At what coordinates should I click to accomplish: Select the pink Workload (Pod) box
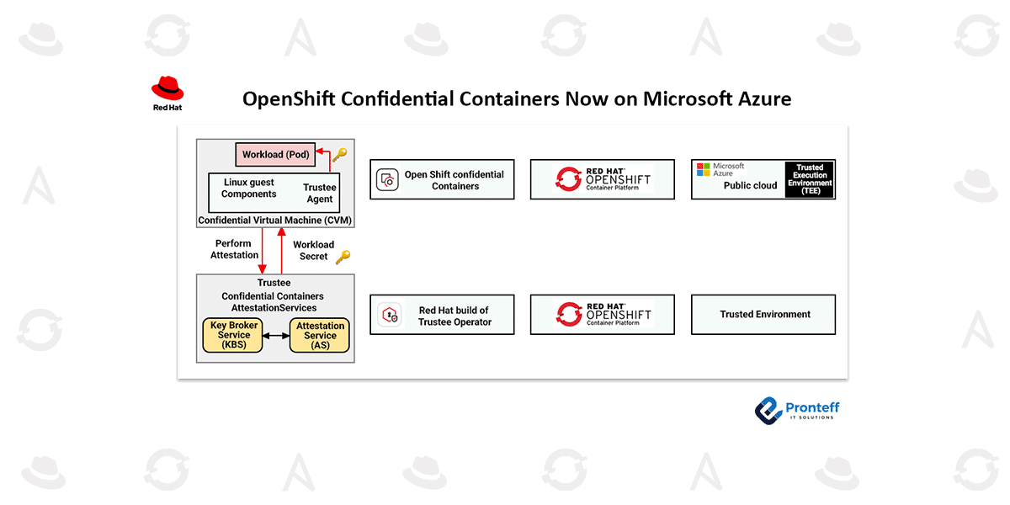[x=275, y=154]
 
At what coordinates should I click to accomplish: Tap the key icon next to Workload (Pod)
[x=339, y=155]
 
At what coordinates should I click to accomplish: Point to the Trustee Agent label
[x=320, y=194]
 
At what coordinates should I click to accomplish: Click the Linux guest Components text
[x=249, y=189]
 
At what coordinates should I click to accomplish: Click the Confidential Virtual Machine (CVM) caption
[x=275, y=221]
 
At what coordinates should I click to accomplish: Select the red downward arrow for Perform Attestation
[x=263, y=251]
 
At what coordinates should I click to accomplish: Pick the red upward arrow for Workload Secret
[x=282, y=251]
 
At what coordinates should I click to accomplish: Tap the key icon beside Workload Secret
[x=342, y=257]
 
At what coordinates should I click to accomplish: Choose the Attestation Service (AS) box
[x=320, y=335]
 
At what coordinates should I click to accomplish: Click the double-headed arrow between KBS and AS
[x=276, y=335]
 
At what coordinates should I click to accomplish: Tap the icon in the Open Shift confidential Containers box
[x=387, y=179]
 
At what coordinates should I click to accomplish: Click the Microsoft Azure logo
[x=720, y=169]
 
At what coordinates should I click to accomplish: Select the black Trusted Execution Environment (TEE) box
[x=810, y=180]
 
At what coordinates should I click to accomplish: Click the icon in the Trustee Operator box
[x=389, y=316]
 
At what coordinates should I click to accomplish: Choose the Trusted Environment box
[x=763, y=315]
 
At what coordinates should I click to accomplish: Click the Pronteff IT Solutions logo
[x=796, y=410]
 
